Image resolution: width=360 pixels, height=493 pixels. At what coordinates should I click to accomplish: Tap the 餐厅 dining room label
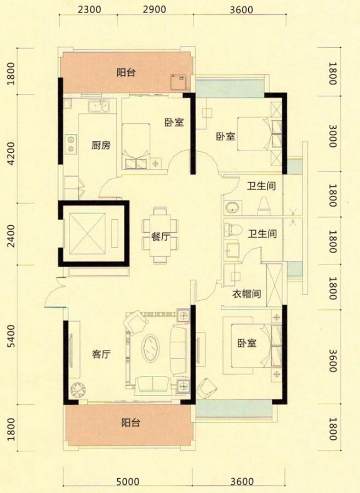pyautogui.click(x=159, y=237)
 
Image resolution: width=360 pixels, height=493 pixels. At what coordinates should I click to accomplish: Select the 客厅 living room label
pyautogui.click(x=101, y=354)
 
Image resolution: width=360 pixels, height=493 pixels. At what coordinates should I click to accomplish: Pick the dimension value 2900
pyautogui.click(x=157, y=9)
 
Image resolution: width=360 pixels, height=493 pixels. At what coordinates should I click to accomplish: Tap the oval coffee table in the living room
pyautogui.click(x=151, y=348)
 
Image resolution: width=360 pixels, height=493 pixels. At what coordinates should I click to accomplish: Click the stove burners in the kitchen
pyautogui.click(x=71, y=144)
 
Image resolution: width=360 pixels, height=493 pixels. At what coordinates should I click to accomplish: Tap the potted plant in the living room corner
pyautogui.click(x=79, y=389)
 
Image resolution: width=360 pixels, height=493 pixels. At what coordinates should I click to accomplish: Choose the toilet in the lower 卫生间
pyautogui.click(x=232, y=231)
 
